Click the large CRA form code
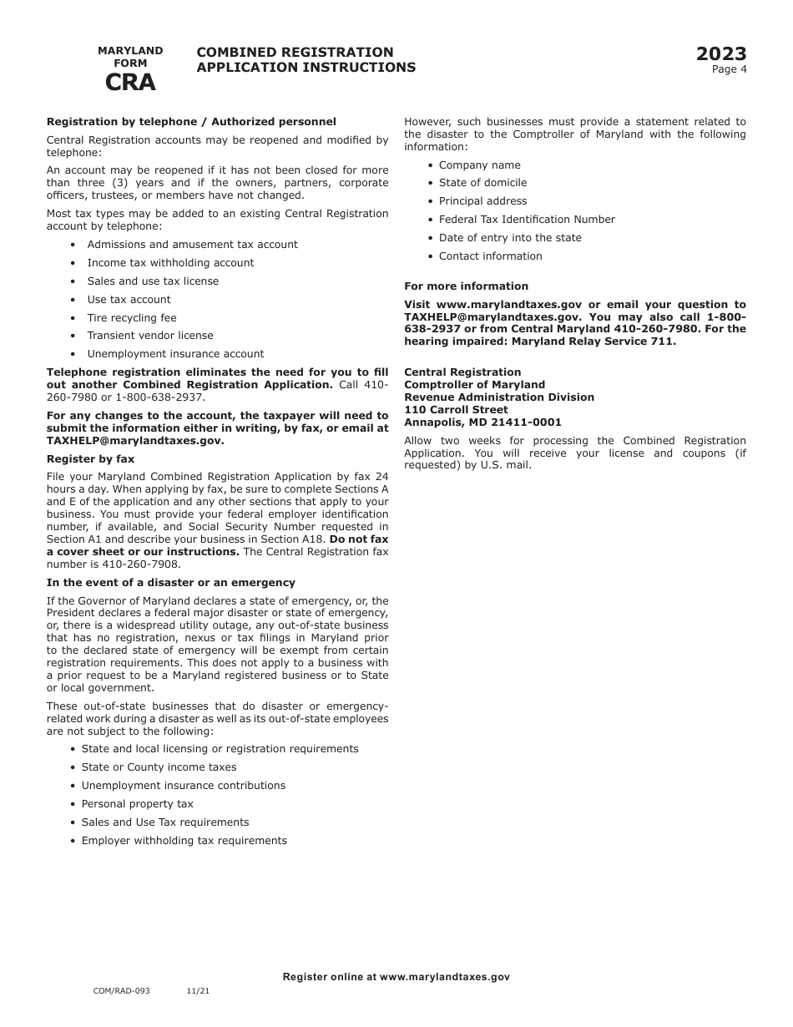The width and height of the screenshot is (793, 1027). click(129, 83)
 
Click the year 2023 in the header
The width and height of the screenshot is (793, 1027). click(721, 54)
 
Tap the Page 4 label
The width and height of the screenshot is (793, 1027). click(729, 69)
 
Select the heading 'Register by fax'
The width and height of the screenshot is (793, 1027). click(90, 459)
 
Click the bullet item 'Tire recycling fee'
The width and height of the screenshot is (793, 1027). click(132, 318)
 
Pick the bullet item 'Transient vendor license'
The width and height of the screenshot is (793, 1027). click(150, 336)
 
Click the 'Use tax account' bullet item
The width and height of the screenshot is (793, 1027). click(129, 300)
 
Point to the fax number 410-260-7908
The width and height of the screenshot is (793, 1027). click(145, 564)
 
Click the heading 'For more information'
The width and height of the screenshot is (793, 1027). click(466, 286)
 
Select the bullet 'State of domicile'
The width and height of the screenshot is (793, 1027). click(482, 183)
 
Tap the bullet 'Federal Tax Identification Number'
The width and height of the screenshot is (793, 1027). click(527, 220)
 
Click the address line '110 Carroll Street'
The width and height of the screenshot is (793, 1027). click(456, 410)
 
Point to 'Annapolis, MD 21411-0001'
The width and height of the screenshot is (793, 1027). click(482, 422)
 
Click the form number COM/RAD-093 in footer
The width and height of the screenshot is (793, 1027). click(122, 991)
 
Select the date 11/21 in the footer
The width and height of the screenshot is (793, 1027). click(198, 991)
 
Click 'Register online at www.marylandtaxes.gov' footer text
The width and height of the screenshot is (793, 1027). click(396, 977)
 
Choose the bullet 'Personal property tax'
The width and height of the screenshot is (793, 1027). click(137, 804)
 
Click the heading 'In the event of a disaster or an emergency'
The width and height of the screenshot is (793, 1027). click(170, 583)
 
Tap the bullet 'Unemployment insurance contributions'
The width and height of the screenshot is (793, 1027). click(183, 786)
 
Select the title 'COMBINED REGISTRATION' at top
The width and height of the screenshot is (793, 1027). click(295, 53)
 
